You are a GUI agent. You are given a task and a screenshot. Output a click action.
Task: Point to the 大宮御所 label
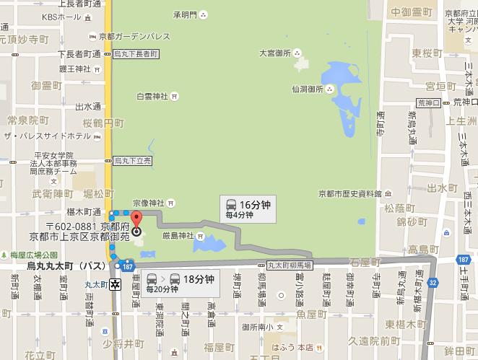pyautogui.click(x=274, y=53)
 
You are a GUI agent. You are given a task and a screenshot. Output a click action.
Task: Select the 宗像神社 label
pyautogui.click(x=149, y=203)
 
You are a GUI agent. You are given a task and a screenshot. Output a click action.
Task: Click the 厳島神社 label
pyautogui.click(x=177, y=235)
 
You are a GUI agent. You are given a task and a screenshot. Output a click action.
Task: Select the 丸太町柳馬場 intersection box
pyautogui.click(x=287, y=265)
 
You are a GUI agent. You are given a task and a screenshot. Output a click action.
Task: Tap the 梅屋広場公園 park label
pyautogui.click(x=33, y=255)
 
